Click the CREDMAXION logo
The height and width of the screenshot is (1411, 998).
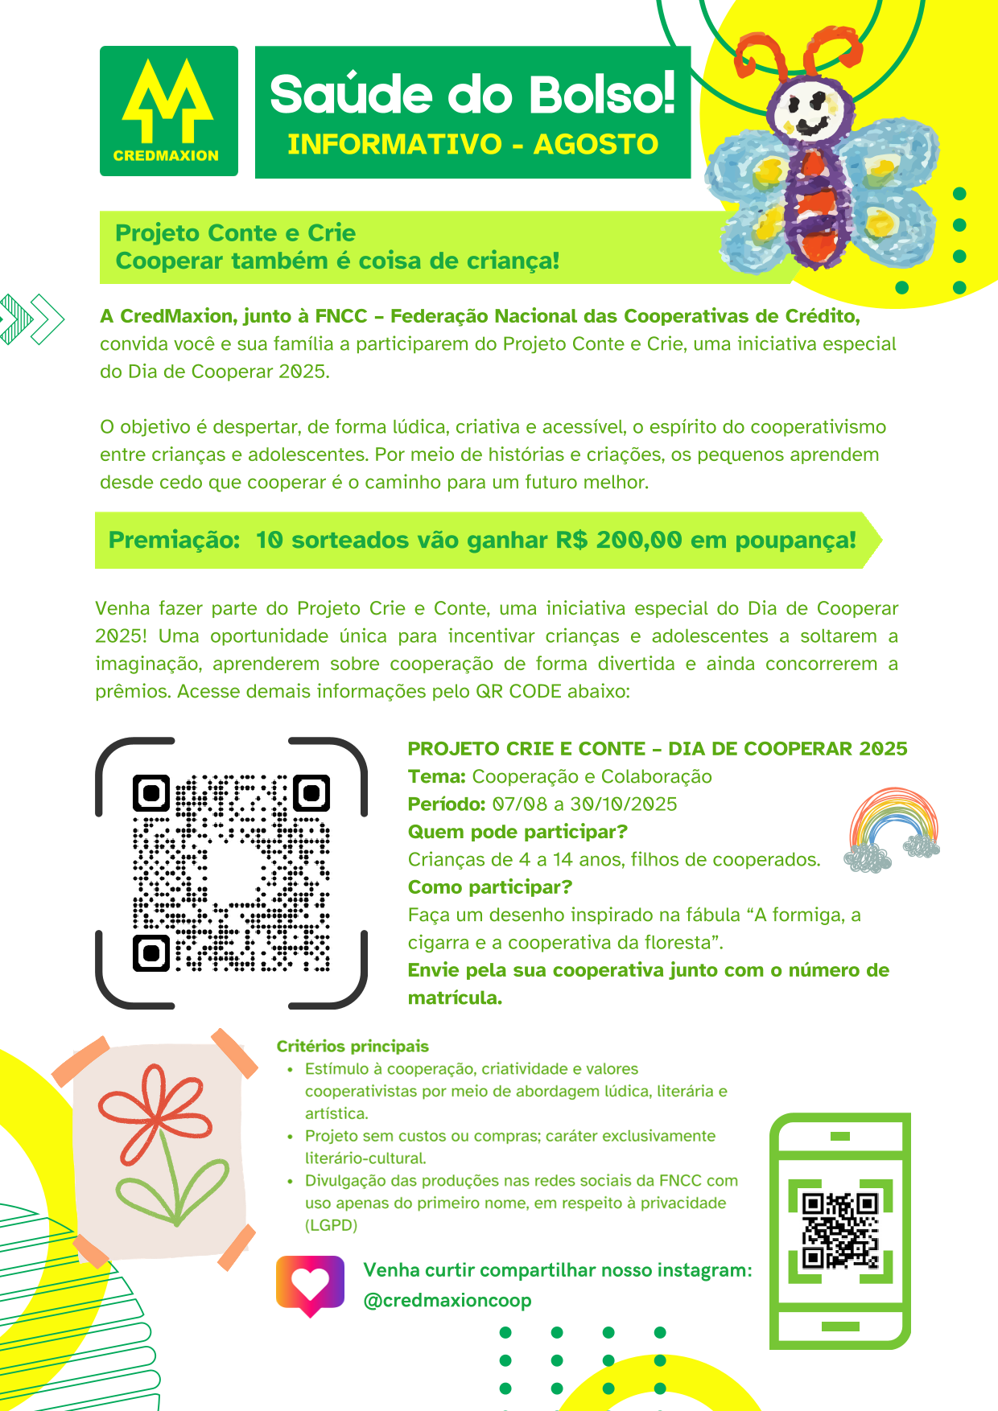[x=168, y=111]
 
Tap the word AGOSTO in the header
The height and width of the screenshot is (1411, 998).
[x=596, y=145]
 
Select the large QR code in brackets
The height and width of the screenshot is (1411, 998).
[x=231, y=873]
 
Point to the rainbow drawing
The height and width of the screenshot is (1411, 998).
[x=893, y=829]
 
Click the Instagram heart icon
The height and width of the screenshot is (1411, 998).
[x=310, y=1285]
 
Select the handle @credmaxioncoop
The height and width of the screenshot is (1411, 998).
[x=447, y=1300]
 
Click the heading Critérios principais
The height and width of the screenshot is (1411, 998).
[x=353, y=1046]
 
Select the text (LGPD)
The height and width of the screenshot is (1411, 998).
[x=331, y=1225]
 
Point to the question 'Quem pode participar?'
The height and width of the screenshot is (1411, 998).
[x=518, y=832]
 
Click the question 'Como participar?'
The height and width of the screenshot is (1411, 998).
[x=490, y=887]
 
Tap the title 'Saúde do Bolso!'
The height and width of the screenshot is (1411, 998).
[x=472, y=94]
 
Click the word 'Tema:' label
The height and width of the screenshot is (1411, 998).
[x=437, y=776]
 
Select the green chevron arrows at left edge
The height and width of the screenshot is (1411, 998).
[x=32, y=319]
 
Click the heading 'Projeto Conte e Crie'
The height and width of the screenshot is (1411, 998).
[x=235, y=233]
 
